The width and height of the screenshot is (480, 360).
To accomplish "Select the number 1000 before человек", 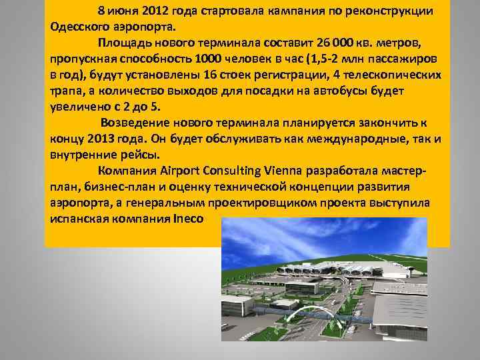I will (x=219, y=60).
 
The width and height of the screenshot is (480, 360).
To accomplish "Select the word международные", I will (x=343, y=140).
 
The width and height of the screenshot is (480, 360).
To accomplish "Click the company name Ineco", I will (x=189, y=219).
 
